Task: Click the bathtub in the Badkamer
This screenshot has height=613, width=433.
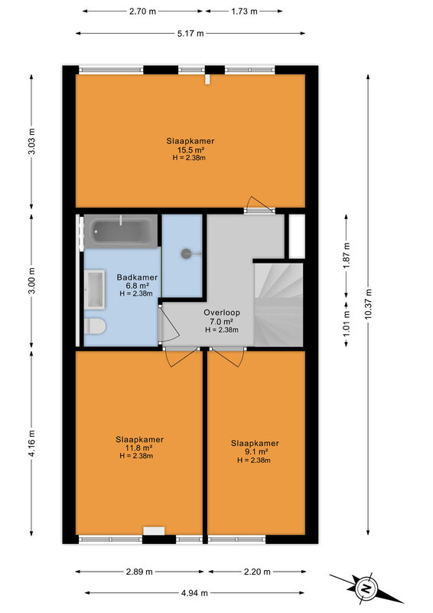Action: tap(121, 231)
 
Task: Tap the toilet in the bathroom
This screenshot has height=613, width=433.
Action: tap(95, 326)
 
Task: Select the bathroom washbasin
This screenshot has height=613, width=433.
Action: tap(95, 290)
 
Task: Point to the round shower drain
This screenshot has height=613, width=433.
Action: tap(186, 254)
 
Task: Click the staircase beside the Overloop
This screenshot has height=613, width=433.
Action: tap(278, 304)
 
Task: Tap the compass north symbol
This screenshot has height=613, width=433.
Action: tap(366, 588)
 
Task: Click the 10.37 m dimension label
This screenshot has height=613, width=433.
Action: tap(368, 304)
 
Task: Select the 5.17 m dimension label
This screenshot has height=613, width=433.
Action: tap(190, 34)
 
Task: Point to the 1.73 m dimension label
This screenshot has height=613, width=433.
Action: tap(244, 11)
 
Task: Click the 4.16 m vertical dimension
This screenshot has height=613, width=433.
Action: tap(32, 443)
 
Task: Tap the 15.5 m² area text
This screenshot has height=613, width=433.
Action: tap(191, 150)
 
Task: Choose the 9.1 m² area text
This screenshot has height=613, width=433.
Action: tap(255, 452)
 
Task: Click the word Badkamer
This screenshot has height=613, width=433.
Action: tap(137, 277)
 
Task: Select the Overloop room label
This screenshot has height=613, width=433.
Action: tap(222, 313)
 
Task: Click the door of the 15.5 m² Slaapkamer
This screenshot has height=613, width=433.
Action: tap(259, 205)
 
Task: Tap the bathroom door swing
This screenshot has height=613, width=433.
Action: tap(168, 324)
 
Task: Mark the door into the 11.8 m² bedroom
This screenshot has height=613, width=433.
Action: tap(181, 356)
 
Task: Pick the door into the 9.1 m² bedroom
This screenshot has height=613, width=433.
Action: tap(226, 356)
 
